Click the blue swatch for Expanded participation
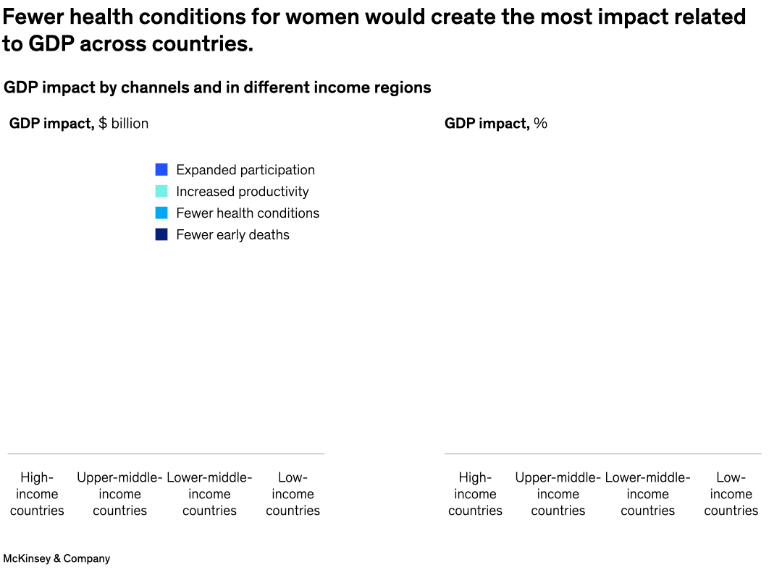coord(161,170)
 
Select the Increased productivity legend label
coord(242,192)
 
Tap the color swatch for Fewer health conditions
coord(161,213)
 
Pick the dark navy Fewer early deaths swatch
coord(161,235)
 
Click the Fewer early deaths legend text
coord(232,235)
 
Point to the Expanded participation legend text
coord(245,170)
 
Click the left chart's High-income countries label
coord(37,494)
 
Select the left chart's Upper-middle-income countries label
coord(119,494)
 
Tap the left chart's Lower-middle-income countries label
coord(209,494)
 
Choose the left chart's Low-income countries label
coord(293,494)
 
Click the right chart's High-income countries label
coord(475,494)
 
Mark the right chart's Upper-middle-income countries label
coord(558,494)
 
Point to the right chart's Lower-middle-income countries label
coord(647,494)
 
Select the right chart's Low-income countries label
coord(731,494)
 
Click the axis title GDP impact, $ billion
coord(79,124)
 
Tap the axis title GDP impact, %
coord(495,124)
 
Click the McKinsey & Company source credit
coord(56,558)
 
